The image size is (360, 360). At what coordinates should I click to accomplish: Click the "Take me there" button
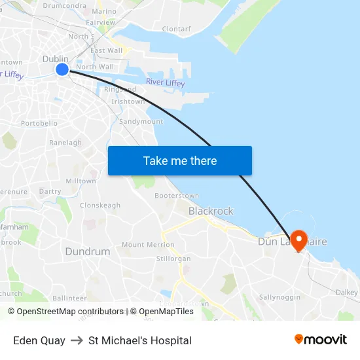pos(179,160)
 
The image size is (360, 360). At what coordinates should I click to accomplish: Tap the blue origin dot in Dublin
pos(62,69)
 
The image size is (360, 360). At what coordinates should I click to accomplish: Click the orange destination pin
pos(300,240)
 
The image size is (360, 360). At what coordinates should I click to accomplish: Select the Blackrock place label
pos(211,211)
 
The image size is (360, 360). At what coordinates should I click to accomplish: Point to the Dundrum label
pos(87,251)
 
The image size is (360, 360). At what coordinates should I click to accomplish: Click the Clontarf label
pos(176,29)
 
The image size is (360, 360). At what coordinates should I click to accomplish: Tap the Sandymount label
pos(141,122)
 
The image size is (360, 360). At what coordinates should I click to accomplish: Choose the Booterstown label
pos(177,196)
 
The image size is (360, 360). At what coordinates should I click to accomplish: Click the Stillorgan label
pos(173,259)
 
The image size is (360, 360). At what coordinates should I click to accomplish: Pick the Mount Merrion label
pos(148,245)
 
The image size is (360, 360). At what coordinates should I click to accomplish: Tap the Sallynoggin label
pos(279,297)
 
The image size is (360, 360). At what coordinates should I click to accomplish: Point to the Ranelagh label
pos(65,143)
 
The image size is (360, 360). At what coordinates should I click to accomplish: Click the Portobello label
pos(39,123)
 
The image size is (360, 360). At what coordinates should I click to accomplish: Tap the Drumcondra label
pos(65,6)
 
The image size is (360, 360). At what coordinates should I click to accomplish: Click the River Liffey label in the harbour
pos(165,82)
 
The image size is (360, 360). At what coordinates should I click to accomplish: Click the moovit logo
pos(321,340)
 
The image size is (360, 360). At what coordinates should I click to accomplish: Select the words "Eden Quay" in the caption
pos(39,340)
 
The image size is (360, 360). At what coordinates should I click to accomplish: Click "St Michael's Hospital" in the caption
pos(139,340)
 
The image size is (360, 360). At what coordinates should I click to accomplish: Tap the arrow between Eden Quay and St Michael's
pos(77,340)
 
